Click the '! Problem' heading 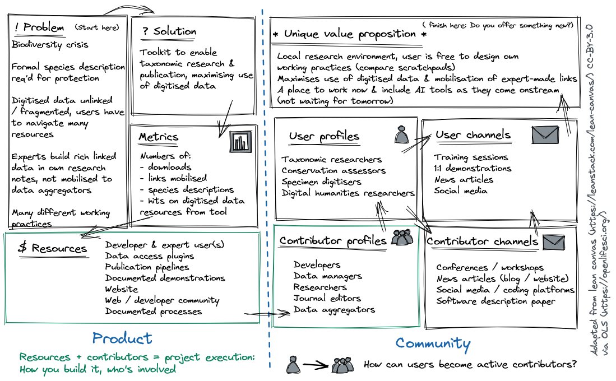(x=38, y=27)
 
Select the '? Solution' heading (x=168, y=31)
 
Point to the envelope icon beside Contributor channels (x=554, y=241)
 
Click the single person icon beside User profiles (x=400, y=135)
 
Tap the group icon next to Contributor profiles (x=402, y=238)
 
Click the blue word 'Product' (x=122, y=338)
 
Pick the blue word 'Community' (x=433, y=343)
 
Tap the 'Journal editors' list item (x=327, y=298)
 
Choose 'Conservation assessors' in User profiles (x=334, y=170)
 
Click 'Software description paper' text (x=495, y=301)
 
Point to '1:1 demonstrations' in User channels (x=472, y=168)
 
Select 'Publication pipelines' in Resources (x=147, y=267)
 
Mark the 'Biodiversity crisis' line (x=49, y=44)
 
